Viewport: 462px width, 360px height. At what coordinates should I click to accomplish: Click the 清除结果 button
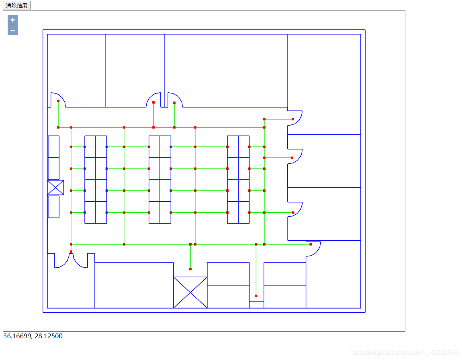coord(16,5)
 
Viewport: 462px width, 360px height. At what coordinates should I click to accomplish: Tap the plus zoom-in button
coord(12,20)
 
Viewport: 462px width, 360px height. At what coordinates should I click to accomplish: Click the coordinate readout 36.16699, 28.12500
coord(33,336)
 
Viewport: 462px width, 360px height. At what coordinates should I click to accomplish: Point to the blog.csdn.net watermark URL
coord(403,353)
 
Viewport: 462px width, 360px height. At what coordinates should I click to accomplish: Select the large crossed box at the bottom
coord(190,292)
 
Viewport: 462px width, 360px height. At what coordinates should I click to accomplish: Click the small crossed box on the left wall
coord(55,187)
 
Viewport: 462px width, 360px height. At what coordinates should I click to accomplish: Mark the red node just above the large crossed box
coord(190,269)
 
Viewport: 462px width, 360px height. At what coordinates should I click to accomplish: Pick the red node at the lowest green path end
coord(256,296)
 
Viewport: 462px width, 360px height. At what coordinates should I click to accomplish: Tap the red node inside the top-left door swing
coord(58,101)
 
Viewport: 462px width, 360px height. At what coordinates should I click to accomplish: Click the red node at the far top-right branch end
coord(293,119)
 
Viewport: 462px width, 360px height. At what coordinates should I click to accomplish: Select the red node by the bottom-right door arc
coord(311,244)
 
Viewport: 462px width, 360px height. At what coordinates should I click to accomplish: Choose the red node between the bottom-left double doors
coord(71,252)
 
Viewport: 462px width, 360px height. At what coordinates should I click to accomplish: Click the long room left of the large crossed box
coord(134,285)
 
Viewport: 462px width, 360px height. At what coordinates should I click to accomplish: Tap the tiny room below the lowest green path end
coord(256,305)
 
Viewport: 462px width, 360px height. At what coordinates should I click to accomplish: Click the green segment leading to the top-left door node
coord(58,114)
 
